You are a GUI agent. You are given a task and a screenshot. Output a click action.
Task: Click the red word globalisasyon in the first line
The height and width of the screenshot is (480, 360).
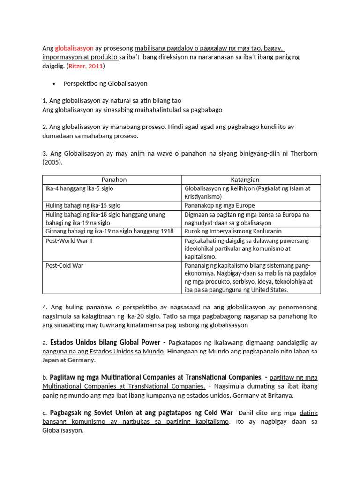[74, 48]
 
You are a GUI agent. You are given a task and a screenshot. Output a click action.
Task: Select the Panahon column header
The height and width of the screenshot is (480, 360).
[112, 180]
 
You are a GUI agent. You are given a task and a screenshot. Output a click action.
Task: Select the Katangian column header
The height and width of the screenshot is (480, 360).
[251, 180]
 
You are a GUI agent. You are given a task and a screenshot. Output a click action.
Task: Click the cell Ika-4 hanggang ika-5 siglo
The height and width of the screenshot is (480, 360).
[79, 188]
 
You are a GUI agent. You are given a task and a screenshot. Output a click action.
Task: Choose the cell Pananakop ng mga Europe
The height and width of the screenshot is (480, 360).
[213, 205]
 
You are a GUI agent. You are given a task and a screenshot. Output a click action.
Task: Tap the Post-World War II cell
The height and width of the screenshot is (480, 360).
[66, 240]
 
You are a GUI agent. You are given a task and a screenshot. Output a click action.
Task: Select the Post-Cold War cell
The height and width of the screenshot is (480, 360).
[60, 265]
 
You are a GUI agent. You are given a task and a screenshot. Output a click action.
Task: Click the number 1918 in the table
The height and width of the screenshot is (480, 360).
[167, 231]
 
